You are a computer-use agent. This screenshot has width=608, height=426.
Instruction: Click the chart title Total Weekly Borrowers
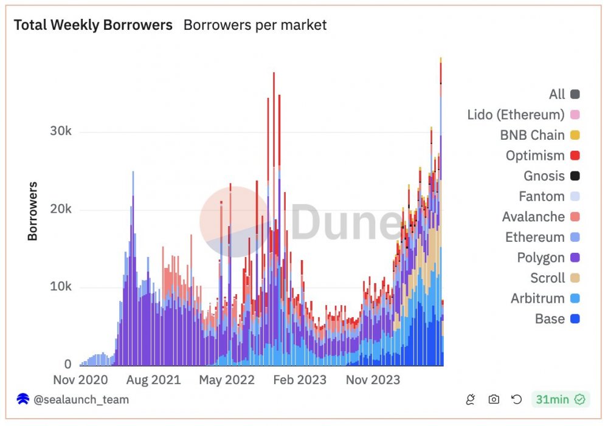coord(93,25)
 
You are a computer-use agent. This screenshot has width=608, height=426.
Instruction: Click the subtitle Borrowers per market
coord(255,25)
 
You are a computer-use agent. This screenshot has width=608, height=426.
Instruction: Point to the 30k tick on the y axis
coord(60,132)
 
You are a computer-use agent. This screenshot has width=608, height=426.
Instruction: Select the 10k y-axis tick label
coord(60,287)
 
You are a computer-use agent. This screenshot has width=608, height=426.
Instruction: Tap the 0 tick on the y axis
coord(67,364)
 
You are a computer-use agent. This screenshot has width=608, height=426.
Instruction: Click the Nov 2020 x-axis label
coord(80,380)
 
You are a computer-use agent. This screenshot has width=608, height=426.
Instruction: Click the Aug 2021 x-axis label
coord(153,380)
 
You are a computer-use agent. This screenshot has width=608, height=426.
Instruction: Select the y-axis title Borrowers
coord(33,211)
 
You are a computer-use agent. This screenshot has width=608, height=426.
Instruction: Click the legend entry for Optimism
coord(535,156)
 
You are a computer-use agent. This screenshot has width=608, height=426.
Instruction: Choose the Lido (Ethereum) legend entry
coord(516,114)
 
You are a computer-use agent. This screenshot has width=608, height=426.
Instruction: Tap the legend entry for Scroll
coord(548,278)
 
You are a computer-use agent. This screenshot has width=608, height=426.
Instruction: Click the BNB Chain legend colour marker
coord(575,135)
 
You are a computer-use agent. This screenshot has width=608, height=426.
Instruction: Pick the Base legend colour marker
coord(575,318)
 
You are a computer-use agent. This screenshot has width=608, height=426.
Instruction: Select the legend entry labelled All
coord(557,94)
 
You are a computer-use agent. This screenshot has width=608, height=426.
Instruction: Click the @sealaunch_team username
coord(80,399)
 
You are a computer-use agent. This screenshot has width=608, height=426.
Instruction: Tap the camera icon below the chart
coord(494,399)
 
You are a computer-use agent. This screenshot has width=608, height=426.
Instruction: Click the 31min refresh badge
coord(560,399)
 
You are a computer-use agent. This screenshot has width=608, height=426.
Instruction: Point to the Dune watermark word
coord(340,222)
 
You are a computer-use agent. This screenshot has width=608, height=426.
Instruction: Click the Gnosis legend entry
coord(544,176)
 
